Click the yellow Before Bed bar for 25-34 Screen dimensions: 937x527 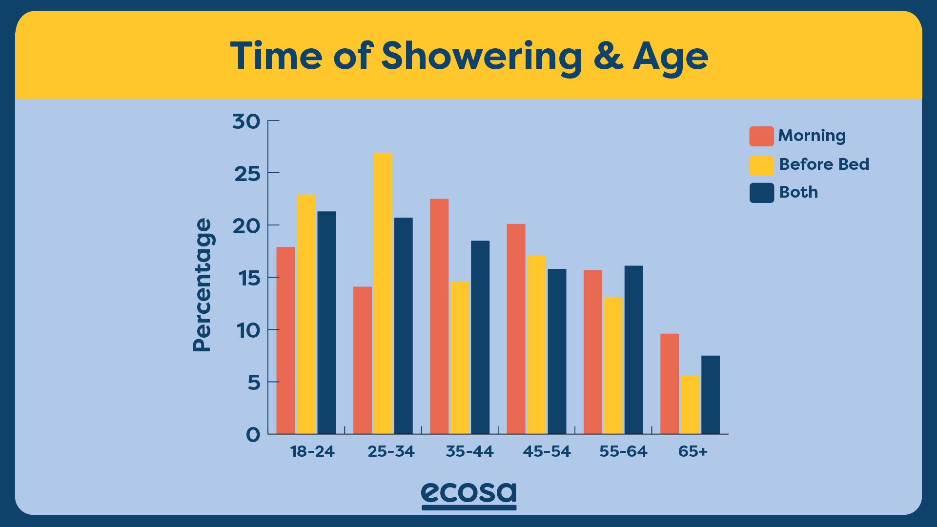coord(383,293)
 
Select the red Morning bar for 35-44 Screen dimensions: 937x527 coord(439,316)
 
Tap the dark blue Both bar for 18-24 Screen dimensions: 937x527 coord(326,323)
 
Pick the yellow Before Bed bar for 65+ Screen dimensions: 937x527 coord(690,405)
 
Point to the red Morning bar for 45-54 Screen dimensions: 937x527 coord(516,329)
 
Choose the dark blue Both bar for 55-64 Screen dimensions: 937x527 coord(634,350)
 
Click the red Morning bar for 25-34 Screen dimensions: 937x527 coord(363,360)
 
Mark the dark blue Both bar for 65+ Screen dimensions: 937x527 coord(711,395)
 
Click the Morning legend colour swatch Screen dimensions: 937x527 coord(761,136)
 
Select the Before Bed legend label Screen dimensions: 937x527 coord(824,164)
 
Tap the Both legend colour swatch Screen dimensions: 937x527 coord(761,193)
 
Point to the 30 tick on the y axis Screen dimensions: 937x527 coord(273,121)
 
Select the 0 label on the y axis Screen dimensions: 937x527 coord(253,435)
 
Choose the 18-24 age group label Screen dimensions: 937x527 coord(312,451)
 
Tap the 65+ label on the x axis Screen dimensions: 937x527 coord(693,451)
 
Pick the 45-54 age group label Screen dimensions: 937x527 coord(547,451)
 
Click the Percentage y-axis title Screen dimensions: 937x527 coord(203,285)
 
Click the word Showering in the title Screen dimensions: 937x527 coord(482,58)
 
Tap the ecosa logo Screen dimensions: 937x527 coord(468,495)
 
